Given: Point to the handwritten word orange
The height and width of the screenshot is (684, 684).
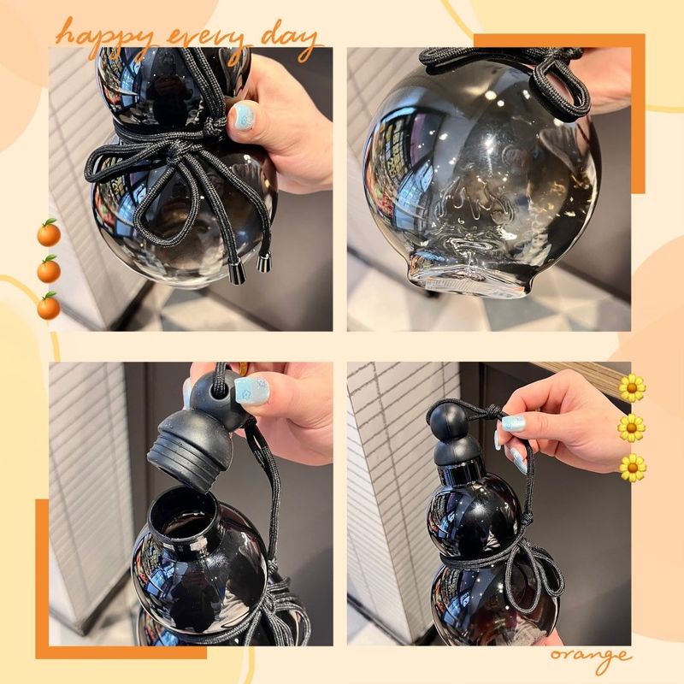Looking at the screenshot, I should click(x=591, y=657).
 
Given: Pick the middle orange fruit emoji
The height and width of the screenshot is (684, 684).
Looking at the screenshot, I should click(x=49, y=269).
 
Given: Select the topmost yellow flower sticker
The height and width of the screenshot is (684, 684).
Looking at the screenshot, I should click(x=632, y=387).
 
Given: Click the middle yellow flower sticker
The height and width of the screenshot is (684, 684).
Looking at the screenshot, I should click(x=632, y=427).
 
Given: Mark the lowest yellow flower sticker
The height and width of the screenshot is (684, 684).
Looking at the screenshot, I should click(x=632, y=467).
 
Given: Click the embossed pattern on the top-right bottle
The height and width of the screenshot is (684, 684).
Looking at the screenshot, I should click(x=475, y=192).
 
